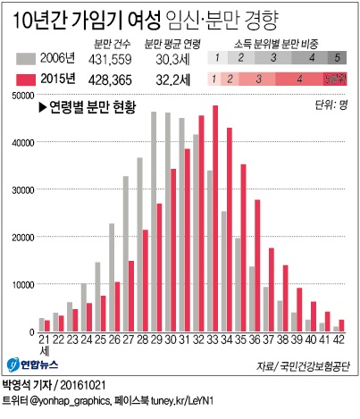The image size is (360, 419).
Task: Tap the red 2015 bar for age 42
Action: pyautogui.click(x=341, y=325)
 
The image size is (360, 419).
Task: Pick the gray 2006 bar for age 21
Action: pyautogui.click(x=41, y=324)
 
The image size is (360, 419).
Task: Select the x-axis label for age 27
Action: pyautogui.click(x=128, y=340)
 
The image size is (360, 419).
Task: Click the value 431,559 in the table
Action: pyautogui.click(x=114, y=59)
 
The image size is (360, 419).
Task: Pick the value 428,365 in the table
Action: pyautogui.click(x=114, y=79)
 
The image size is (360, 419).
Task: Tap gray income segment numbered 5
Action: pyautogui.click(x=336, y=59)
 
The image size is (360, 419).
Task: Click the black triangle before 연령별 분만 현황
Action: pyautogui.click(x=42, y=108)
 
